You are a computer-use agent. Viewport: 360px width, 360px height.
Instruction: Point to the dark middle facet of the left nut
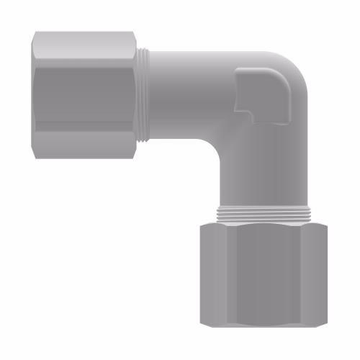click(86, 94)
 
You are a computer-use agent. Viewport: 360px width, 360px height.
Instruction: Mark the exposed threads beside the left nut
click(146, 94)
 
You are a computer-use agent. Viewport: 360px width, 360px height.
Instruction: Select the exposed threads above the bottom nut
click(263, 215)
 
